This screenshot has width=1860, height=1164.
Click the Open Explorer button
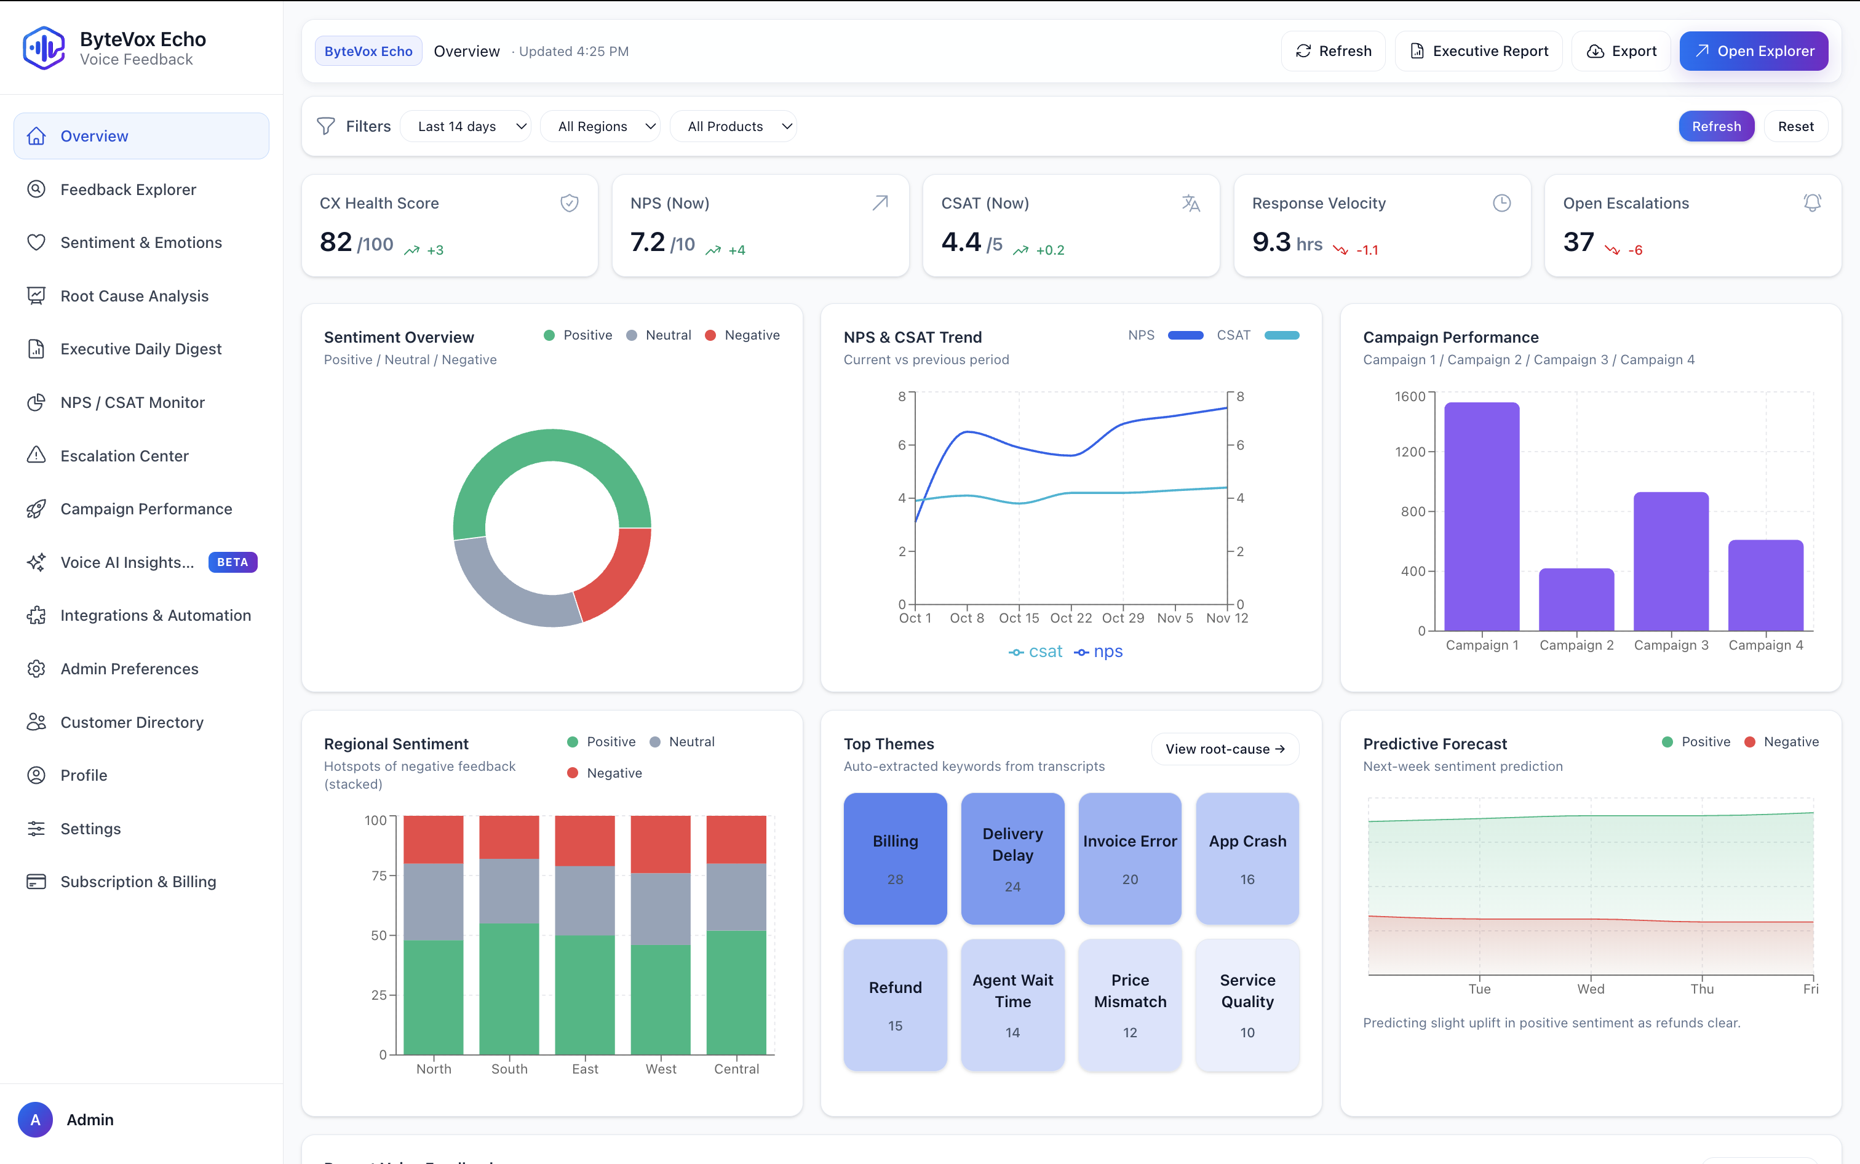pyautogui.click(x=1753, y=51)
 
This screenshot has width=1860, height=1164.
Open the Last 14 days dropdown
pyautogui.click(x=466, y=126)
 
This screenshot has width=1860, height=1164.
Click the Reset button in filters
pyautogui.click(x=1795, y=126)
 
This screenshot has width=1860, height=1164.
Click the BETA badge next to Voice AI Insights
pyautogui.click(x=232, y=562)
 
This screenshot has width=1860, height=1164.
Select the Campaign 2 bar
pyautogui.click(x=1575, y=600)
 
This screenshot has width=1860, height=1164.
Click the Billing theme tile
pyautogui.click(x=895, y=858)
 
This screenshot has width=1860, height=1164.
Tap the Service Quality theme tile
pyautogui.click(x=1247, y=1004)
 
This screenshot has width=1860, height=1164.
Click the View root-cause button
pyautogui.click(x=1225, y=749)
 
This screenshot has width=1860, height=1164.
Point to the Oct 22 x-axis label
pyautogui.click(x=1070, y=618)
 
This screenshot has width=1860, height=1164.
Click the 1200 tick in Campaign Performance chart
pyautogui.click(x=1410, y=452)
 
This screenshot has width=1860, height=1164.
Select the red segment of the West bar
pyautogui.click(x=660, y=843)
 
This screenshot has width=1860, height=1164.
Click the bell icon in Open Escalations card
pyautogui.click(x=1811, y=202)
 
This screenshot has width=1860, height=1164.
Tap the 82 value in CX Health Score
pyautogui.click(x=335, y=242)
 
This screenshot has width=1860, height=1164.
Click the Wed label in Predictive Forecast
pyautogui.click(x=1590, y=989)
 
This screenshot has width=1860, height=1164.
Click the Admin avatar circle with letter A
pyautogui.click(x=36, y=1119)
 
